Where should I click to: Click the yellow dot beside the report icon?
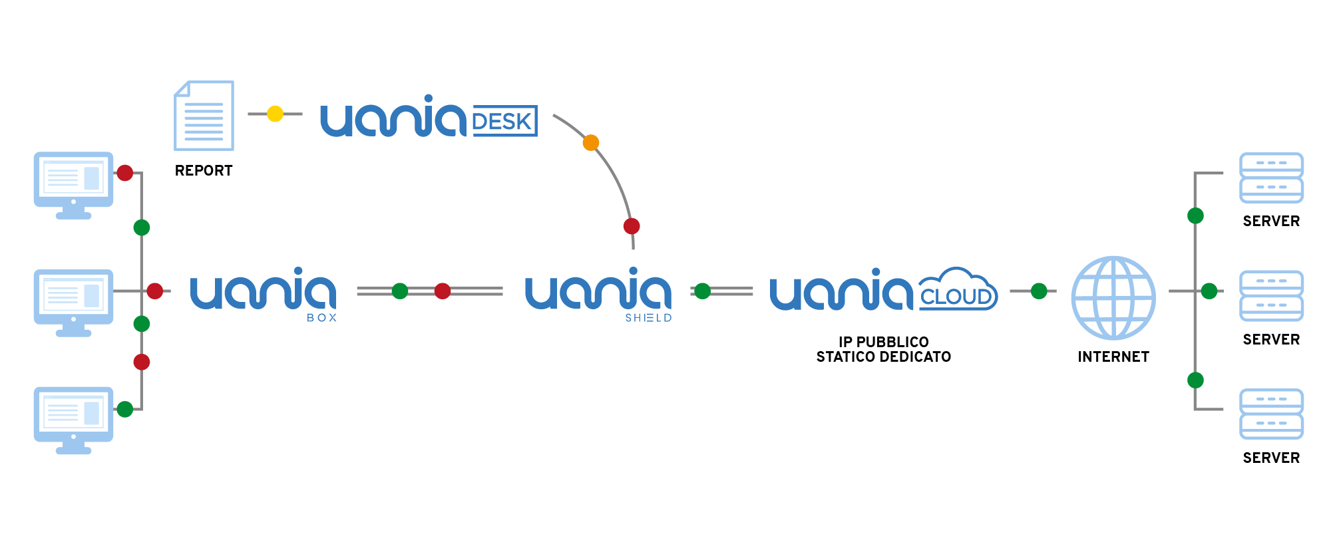pos(275,114)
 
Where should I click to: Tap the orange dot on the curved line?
pos(591,143)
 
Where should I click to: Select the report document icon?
pos(204,116)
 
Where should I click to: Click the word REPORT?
pos(204,171)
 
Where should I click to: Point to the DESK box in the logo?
pos(504,120)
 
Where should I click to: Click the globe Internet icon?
pos(1113,298)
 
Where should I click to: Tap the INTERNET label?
pos(1113,357)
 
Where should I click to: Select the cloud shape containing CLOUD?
pos(958,289)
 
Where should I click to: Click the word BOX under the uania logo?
pos(322,318)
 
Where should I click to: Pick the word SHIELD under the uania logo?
pos(648,318)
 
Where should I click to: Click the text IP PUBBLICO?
pos(884,342)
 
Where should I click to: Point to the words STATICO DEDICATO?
pos(884,357)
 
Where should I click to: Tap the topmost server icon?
pos(1271,178)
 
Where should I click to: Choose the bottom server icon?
pos(1271,414)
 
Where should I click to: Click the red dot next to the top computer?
pos(125,174)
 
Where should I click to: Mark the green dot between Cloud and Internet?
pos(1039,291)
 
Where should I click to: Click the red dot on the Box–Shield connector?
pos(443,291)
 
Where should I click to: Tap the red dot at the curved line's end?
pos(632,226)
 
